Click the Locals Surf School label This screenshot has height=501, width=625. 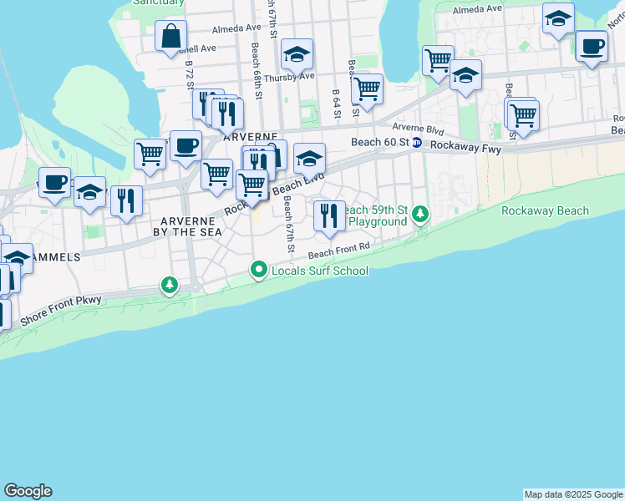[319, 271]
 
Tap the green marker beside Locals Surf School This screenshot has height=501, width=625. [259, 270]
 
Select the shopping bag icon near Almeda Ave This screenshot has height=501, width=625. [170, 38]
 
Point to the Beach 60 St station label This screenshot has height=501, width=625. [380, 142]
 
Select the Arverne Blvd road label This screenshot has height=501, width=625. [419, 128]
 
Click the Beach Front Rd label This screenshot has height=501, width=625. [338, 250]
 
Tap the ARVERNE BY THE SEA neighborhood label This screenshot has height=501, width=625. [192, 225]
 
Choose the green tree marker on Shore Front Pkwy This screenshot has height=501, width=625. [170, 286]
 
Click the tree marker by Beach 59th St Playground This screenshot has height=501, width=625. [421, 215]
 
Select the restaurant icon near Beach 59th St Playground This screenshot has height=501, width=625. [329, 215]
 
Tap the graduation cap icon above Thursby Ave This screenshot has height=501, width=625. [296, 55]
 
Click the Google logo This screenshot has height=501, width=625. [28, 491]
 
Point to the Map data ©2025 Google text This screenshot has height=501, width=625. [573, 494]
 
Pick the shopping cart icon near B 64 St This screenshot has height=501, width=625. [366, 88]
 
